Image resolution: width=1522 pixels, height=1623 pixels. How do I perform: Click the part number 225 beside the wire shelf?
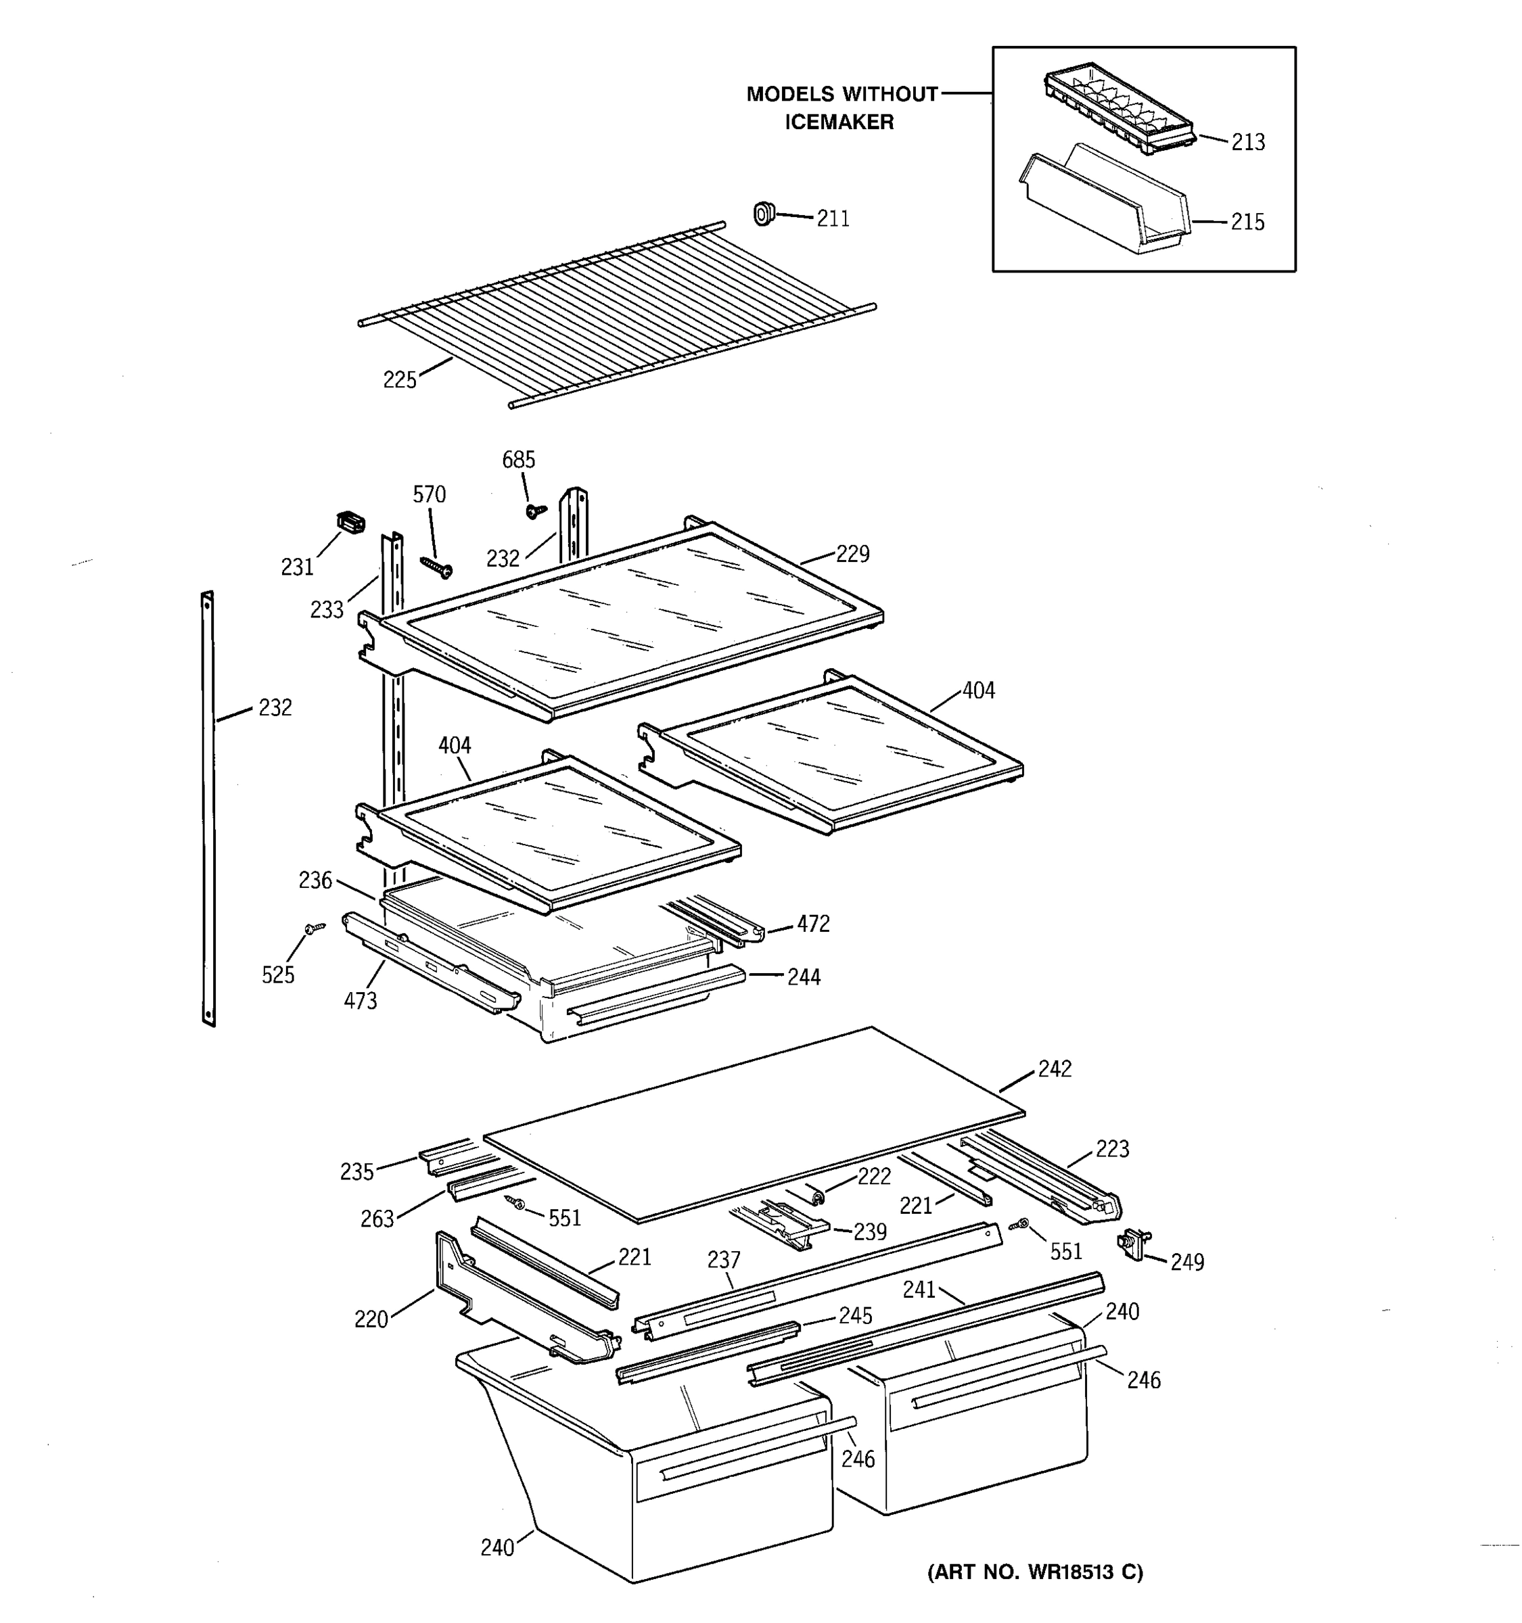click(399, 379)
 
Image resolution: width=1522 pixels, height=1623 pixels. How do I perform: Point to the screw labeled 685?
click(536, 511)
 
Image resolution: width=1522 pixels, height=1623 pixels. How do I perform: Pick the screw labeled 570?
click(436, 566)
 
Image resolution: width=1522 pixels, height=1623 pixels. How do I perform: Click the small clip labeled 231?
click(350, 523)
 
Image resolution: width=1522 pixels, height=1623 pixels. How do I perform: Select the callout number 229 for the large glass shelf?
click(852, 555)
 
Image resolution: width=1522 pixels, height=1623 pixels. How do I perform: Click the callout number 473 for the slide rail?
click(360, 1001)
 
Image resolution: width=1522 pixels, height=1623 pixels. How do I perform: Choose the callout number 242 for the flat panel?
click(1054, 1068)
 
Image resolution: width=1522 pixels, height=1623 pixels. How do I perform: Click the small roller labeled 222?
click(816, 1196)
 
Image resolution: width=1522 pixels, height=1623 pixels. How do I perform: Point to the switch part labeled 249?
click(1130, 1245)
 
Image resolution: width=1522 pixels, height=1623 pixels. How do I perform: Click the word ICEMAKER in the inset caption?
click(839, 122)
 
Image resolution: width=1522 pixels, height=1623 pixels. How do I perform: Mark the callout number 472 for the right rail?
click(813, 924)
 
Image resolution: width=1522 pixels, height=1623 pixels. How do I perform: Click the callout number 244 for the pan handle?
click(804, 977)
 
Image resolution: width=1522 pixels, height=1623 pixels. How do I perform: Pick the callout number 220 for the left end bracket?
click(371, 1320)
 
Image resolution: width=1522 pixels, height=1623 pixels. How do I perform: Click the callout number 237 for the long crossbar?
click(723, 1260)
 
